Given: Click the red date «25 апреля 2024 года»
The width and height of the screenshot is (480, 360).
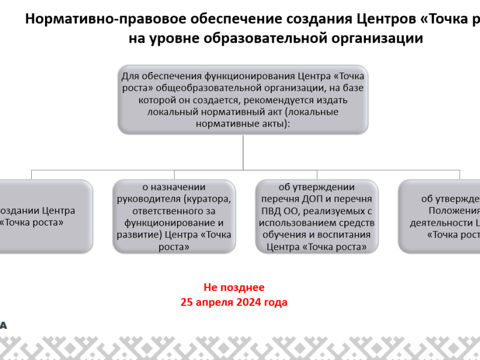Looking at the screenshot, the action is pos(234,302).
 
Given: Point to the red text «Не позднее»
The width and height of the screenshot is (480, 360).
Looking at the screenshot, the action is pos(234,288).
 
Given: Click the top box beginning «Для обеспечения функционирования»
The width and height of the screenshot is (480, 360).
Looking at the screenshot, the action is pos(243,100).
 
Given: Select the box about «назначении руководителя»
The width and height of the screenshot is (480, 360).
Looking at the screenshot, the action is pos(174,216).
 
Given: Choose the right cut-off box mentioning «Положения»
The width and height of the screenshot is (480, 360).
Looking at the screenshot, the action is pos(441,216).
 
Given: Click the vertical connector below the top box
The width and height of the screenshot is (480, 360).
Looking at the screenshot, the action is pos(243,152).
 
